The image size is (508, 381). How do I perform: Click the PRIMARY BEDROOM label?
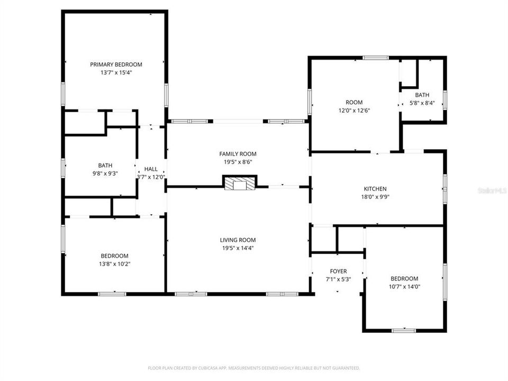116,65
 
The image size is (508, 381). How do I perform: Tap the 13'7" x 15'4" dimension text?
116,72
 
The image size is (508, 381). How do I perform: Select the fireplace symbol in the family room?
239,184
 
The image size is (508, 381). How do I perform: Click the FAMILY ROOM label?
238,154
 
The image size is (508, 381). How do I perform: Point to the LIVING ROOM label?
238,240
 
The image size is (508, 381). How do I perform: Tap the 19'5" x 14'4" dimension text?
238,248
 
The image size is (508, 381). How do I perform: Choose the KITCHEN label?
375,189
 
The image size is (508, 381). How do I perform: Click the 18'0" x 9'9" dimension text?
375,197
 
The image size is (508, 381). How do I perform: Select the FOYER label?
338,271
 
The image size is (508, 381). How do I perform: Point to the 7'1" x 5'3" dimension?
338,279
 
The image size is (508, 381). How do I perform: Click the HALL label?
151,169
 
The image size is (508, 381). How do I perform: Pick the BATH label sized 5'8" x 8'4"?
422,95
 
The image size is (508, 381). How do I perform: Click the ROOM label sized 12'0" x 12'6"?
354,103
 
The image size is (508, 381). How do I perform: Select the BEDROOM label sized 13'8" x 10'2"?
114,256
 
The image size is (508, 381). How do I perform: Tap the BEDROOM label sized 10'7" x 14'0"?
404,279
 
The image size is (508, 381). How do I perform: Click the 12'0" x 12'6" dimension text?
354,111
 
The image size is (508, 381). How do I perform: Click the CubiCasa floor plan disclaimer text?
253,368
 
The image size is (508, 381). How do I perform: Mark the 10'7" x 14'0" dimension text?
404,287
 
